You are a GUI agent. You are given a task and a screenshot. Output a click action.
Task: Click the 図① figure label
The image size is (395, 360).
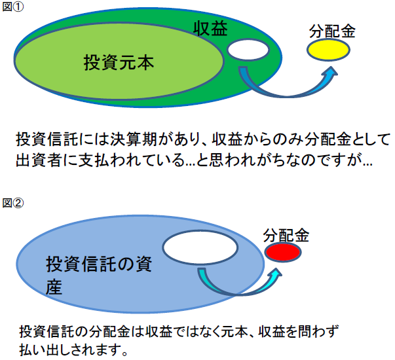point(13,7)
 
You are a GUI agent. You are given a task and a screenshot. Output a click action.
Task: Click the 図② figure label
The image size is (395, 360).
point(13,203)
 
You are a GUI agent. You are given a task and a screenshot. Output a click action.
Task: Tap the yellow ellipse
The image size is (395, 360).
point(328,50)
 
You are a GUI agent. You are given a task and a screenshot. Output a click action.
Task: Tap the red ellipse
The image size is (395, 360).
point(283,252)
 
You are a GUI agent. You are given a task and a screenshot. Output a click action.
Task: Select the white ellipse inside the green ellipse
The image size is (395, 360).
point(248,50)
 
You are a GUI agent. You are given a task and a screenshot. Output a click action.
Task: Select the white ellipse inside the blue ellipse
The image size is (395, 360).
point(200,247)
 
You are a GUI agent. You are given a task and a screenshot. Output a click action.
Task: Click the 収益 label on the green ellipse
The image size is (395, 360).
point(210,28)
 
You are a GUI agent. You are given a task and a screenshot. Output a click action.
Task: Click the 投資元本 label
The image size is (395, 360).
point(119,63)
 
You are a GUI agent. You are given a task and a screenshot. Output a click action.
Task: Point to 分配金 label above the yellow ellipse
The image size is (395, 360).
point(332,31)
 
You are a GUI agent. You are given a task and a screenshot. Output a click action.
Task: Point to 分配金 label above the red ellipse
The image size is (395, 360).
point(286,236)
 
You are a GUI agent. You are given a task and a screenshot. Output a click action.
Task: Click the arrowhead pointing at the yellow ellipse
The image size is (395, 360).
point(331,72)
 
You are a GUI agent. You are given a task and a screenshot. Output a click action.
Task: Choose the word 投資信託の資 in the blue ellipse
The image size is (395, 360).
point(99,264)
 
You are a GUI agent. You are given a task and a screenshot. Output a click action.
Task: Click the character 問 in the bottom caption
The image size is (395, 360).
point(305,331)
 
